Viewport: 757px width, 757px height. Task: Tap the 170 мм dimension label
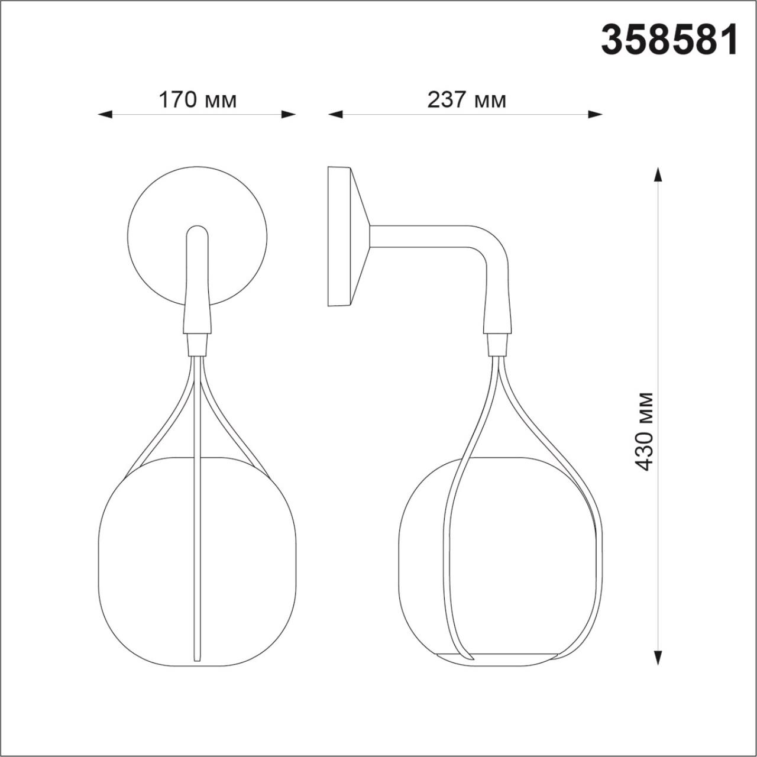pyautogui.click(x=197, y=100)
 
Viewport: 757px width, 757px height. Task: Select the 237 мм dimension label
pyautogui.click(x=467, y=100)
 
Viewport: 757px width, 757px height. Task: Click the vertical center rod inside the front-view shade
pyautogui.click(x=195, y=532)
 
